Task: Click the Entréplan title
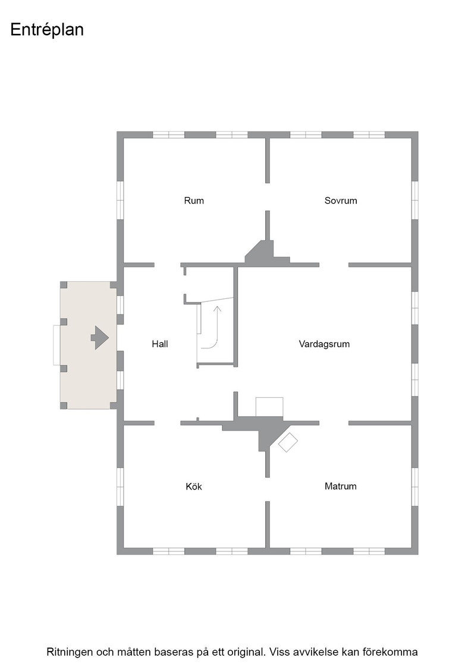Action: point(47,30)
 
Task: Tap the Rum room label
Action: point(194,200)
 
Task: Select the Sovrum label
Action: point(341,200)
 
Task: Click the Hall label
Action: point(160,344)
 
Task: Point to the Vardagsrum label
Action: point(324,344)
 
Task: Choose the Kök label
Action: point(194,486)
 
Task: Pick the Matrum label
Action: point(340,486)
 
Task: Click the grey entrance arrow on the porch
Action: point(100,338)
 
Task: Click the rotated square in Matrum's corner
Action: point(287,442)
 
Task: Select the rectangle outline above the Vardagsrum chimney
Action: point(269,407)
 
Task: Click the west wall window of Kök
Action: point(120,487)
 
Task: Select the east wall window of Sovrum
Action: point(415,200)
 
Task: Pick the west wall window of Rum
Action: point(120,200)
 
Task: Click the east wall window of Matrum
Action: point(415,487)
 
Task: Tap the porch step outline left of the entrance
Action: point(56,345)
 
